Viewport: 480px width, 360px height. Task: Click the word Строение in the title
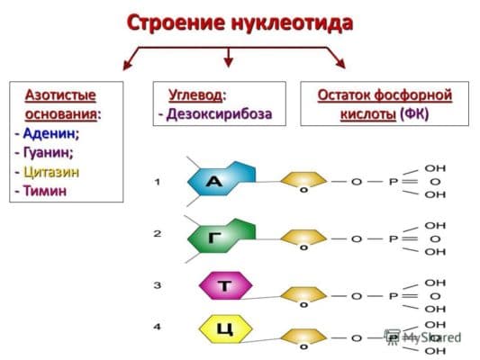tap(173, 22)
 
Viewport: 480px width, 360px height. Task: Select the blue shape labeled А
tap(215, 183)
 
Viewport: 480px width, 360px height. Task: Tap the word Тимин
tap(44, 190)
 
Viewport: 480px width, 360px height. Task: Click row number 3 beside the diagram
tap(158, 284)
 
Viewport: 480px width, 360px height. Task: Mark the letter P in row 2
tap(393, 238)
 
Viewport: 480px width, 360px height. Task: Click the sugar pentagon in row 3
tap(303, 294)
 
